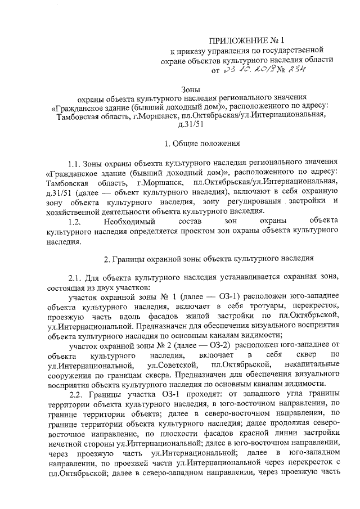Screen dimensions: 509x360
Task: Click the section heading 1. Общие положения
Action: pyautogui.click(x=191, y=143)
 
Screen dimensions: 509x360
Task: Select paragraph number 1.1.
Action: pyautogui.click(x=75, y=165)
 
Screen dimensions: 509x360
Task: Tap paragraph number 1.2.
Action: pyautogui.click(x=75, y=222)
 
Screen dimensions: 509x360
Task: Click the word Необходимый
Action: pyautogui.click(x=130, y=222)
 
